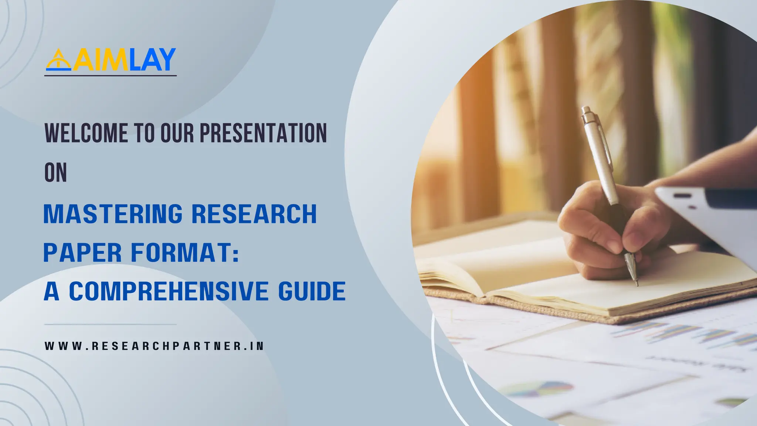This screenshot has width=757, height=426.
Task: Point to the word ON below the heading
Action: tap(55, 173)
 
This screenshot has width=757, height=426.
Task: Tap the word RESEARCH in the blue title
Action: tap(254, 214)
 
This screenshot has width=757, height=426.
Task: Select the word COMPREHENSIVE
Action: tap(168, 291)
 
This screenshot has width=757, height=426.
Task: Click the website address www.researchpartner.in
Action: tap(154, 346)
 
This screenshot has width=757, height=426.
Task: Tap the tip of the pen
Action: tap(637, 284)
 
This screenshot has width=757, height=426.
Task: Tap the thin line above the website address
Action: tap(110, 325)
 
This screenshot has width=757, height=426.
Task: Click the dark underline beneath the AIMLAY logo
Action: tap(110, 76)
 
